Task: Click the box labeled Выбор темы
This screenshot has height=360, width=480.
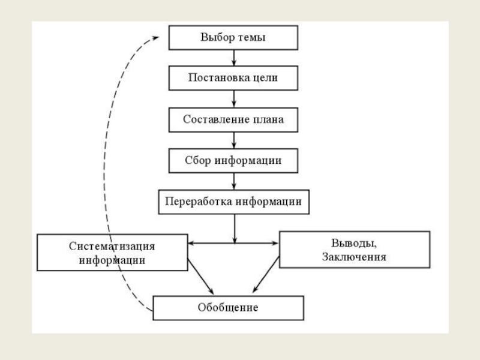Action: coord(233,38)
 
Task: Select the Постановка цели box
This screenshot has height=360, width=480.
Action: coord(233,78)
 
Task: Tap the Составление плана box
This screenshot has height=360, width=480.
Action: coord(233,119)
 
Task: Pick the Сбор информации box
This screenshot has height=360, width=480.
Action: coord(233,160)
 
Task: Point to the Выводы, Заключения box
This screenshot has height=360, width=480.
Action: coord(354,249)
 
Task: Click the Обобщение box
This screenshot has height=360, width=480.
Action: coord(228,308)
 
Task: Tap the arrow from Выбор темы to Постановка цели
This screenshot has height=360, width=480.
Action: coord(233,58)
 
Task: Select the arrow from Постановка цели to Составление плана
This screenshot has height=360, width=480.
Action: coord(233,98)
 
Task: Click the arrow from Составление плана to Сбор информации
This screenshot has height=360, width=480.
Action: coord(233,140)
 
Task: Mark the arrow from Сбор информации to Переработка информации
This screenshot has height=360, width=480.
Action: coord(233,181)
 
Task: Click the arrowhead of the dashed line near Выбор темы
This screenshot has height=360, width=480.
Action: coord(155,37)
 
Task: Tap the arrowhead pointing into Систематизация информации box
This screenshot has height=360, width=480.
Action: coord(191,243)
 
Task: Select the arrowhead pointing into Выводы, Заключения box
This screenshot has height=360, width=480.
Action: coord(276,243)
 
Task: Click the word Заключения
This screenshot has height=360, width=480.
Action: coord(354,256)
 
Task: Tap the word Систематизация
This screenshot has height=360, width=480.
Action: coord(112,246)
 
